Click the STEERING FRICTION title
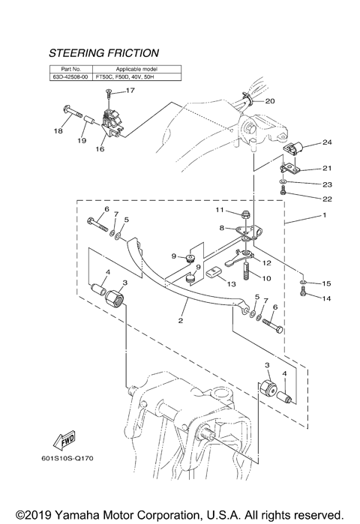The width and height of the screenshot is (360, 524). (x=103, y=53)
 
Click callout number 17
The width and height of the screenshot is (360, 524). (x=130, y=91)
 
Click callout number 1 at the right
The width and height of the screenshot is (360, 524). (x=325, y=215)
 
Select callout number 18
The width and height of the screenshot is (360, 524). (x=58, y=132)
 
